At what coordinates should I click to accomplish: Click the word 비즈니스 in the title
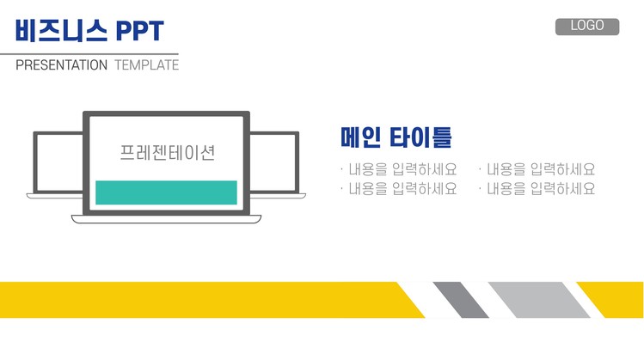[61, 31]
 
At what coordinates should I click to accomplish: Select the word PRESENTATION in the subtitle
[62, 65]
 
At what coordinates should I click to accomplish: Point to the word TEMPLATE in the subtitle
[146, 65]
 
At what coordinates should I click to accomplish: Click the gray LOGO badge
[587, 26]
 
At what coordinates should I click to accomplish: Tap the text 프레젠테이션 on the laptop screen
[167, 154]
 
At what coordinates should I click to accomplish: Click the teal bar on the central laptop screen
[166, 192]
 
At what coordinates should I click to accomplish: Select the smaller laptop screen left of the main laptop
[58, 162]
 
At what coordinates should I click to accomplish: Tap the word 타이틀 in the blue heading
[420, 137]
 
